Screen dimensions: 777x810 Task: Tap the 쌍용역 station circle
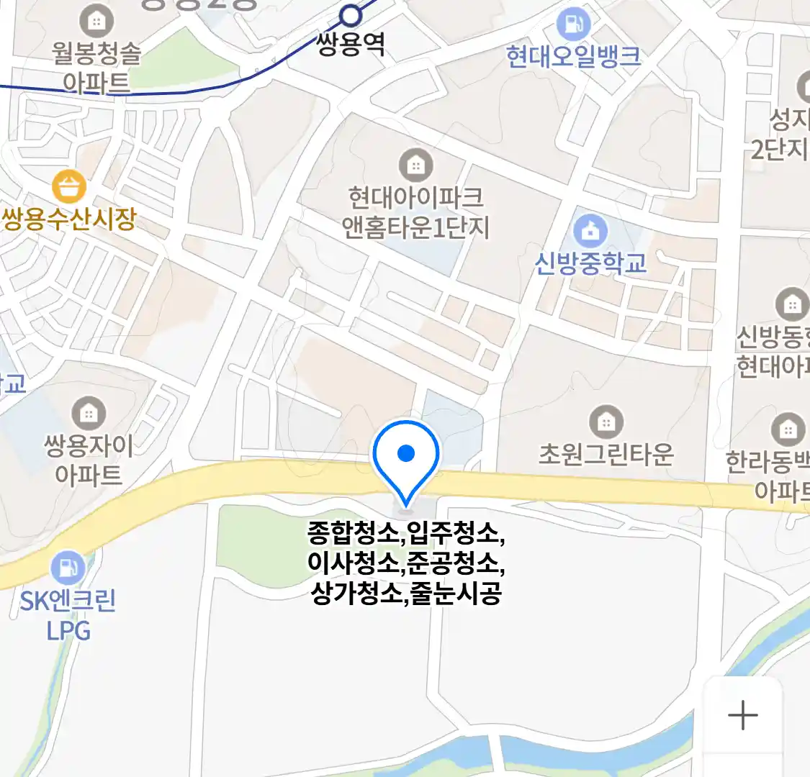[x=351, y=15]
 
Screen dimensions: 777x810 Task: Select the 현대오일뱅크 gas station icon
[x=573, y=24]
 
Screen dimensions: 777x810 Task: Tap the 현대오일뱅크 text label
[x=573, y=57]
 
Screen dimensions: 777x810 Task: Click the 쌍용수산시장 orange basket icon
[x=69, y=187]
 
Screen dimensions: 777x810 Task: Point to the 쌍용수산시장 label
[x=69, y=219]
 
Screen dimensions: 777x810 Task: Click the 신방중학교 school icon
[x=590, y=231]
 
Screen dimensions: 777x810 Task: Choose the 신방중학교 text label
[x=590, y=263]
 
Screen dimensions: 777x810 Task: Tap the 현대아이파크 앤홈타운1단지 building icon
[x=415, y=165]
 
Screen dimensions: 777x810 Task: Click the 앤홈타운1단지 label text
[x=415, y=228]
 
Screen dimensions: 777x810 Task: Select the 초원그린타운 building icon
[x=606, y=422]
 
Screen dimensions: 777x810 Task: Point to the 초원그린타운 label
[x=606, y=454]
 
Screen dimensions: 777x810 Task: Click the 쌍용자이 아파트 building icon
[x=89, y=413]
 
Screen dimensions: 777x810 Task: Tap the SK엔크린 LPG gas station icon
[x=68, y=567]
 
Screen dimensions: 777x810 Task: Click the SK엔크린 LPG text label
[x=68, y=616]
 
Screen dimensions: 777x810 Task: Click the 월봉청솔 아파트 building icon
[x=96, y=22]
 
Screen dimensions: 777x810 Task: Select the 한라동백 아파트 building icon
[x=788, y=430]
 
